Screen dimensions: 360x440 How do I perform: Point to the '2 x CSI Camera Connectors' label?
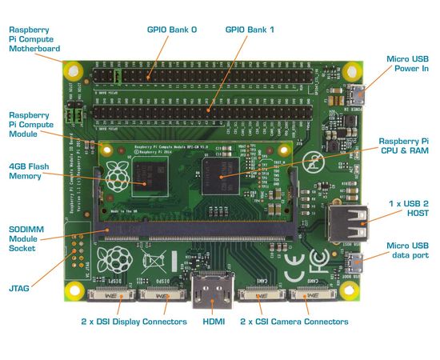pyautogui.click(x=294, y=322)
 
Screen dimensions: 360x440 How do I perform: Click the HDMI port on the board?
pyautogui.click(x=210, y=287)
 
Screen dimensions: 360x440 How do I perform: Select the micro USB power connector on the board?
pyautogui.click(x=354, y=95)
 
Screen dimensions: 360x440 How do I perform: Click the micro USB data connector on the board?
pyautogui.click(x=354, y=262)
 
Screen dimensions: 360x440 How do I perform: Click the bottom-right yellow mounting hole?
pyautogui.click(x=347, y=292)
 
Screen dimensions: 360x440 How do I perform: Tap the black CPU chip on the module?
pyautogui.click(x=219, y=172)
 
